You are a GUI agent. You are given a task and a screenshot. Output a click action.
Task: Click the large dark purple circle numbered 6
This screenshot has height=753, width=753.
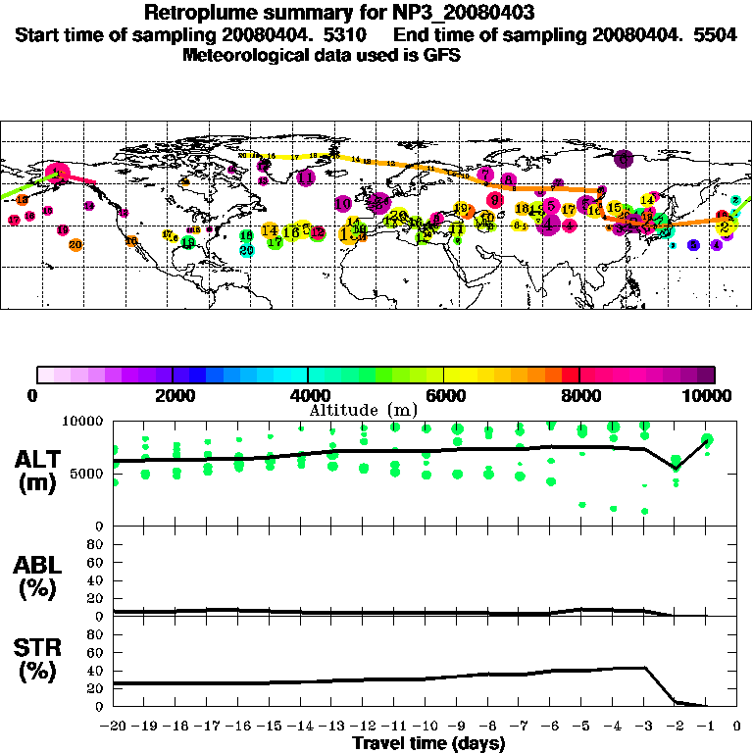[x=622, y=159]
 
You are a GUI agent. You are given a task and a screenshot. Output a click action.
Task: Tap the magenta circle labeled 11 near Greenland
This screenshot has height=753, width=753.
[x=306, y=177]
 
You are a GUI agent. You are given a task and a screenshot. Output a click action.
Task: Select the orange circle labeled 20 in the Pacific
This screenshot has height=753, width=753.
[x=75, y=244]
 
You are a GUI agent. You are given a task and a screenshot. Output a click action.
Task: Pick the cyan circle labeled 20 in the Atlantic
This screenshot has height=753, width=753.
[x=246, y=249]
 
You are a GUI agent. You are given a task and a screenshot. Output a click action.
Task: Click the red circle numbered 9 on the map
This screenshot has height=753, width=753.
[x=495, y=200]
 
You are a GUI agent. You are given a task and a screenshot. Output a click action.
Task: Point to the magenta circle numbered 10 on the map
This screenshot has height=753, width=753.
[x=343, y=203]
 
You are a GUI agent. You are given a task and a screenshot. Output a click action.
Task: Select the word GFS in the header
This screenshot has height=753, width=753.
[x=442, y=56]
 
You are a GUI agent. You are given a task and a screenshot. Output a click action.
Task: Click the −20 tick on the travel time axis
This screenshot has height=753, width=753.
[x=114, y=726]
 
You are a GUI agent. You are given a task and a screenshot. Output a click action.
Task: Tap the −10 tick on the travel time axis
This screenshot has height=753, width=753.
[x=425, y=726]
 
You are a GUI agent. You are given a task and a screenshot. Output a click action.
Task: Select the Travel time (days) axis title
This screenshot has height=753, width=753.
[x=428, y=743]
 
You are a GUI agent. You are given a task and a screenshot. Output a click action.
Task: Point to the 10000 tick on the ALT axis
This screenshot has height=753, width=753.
[x=84, y=421]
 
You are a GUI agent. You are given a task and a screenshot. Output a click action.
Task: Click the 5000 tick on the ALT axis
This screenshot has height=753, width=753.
[x=88, y=474]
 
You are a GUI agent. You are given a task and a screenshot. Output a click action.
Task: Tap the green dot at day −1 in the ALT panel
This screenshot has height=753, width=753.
[x=707, y=439]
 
